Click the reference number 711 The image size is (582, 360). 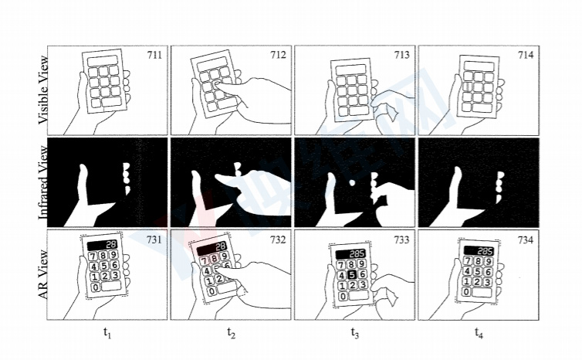coord(154,55)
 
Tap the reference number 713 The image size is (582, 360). coord(401,55)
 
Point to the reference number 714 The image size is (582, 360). coord(525,55)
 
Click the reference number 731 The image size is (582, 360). coord(154,240)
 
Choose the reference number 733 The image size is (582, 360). coord(401,240)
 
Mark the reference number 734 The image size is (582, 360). coord(525,240)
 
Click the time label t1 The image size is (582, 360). coord(107,333)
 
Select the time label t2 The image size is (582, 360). coord(231,333)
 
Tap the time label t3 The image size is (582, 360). coord(355,333)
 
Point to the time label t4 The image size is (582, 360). coord(479,333)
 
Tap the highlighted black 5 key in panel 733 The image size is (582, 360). coord(351,273)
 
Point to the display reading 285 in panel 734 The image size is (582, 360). coord(483,251)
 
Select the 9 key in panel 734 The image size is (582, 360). coord(491,262)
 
